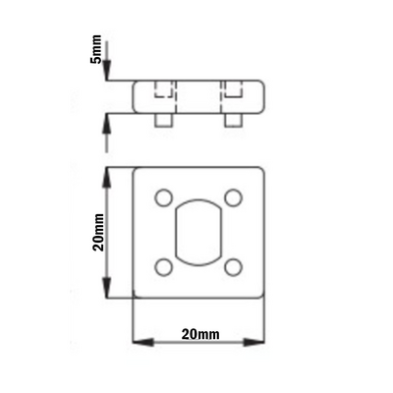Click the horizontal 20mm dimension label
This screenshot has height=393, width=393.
click(x=200, y=335)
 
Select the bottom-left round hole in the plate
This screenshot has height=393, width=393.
click(x=164, y=265)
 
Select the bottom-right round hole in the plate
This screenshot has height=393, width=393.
click(x=234, y=265)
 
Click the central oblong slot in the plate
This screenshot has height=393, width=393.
click(x=199, y=232)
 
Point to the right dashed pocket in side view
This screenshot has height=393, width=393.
click(x=233, y=93)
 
